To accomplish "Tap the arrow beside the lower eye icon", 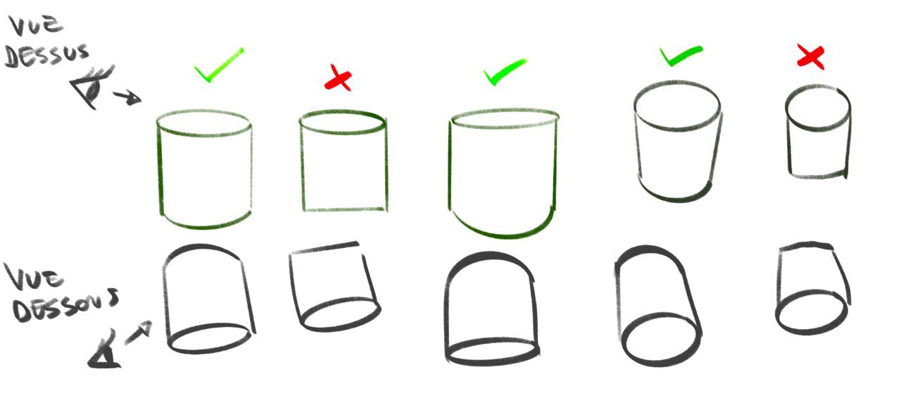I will pos(139,333).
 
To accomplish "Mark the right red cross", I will pos(810,56).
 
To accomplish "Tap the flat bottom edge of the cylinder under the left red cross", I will pos(344,209).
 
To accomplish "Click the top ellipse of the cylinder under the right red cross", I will pos(817,108).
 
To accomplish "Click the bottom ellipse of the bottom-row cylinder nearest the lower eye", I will pos(210,339).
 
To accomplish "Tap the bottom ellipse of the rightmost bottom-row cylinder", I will pos(811,313).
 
